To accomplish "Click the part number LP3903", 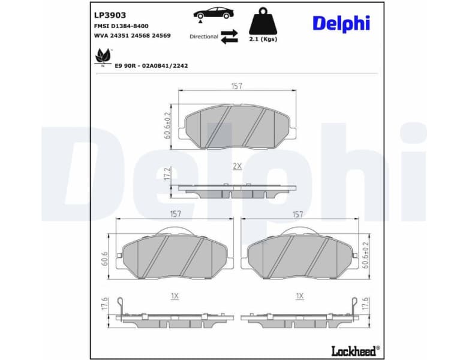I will coord(110,15).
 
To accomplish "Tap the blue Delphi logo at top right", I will coord(341,23).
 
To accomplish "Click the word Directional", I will coord(204,37).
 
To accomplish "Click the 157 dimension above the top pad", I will coord(236,86).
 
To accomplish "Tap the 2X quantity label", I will coord(236,166).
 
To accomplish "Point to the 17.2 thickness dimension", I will coord(167,175).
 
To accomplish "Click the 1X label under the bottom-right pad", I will coord(299,296).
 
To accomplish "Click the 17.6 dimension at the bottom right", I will coord(365,304).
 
